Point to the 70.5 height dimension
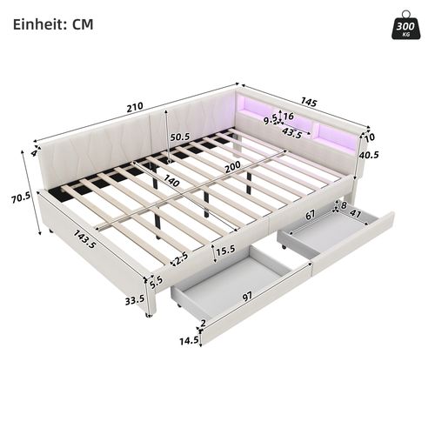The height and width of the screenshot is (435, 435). click(x=20, y=197)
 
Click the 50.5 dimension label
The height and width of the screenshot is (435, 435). click(x=180, y=137)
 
